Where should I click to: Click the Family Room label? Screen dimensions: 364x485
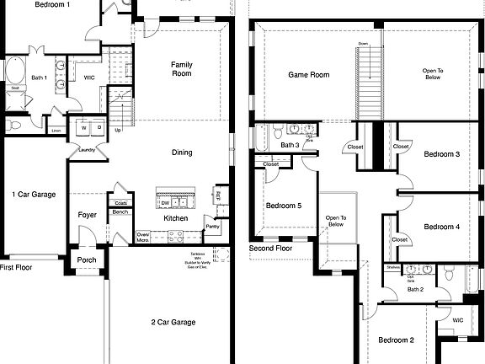[x=182, y=69]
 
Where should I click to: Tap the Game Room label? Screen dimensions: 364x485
[x=309, y=75]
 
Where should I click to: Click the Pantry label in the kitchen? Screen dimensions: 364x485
[x=212, y=226]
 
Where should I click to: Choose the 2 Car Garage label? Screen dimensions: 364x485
[x=173, y=322]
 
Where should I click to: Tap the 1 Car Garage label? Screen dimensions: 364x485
[x=34, y=195]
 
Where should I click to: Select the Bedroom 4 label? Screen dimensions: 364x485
[x=441, y=227]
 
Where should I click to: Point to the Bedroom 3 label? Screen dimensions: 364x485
[x=441, y=154]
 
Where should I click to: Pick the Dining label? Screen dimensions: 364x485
[x=181, y=153]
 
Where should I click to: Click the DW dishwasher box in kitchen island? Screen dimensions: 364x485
[x=165, y=203]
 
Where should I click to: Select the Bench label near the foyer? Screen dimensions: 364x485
[x=120, y=212]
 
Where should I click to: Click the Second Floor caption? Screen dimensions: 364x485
[x=270, y=249]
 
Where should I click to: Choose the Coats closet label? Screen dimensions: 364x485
[x=120, y=203]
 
